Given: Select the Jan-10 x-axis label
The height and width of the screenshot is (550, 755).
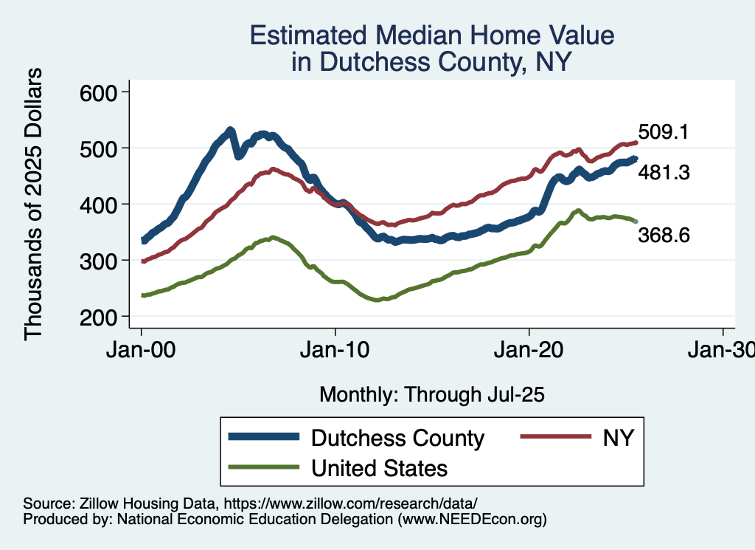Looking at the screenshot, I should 335,349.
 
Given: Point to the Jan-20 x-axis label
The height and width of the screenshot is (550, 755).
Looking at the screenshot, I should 529,349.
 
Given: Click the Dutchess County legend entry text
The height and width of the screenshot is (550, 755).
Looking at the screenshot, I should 397,438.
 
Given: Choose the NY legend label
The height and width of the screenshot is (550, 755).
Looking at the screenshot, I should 618,438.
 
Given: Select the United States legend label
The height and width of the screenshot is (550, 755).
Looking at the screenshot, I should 379,468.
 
